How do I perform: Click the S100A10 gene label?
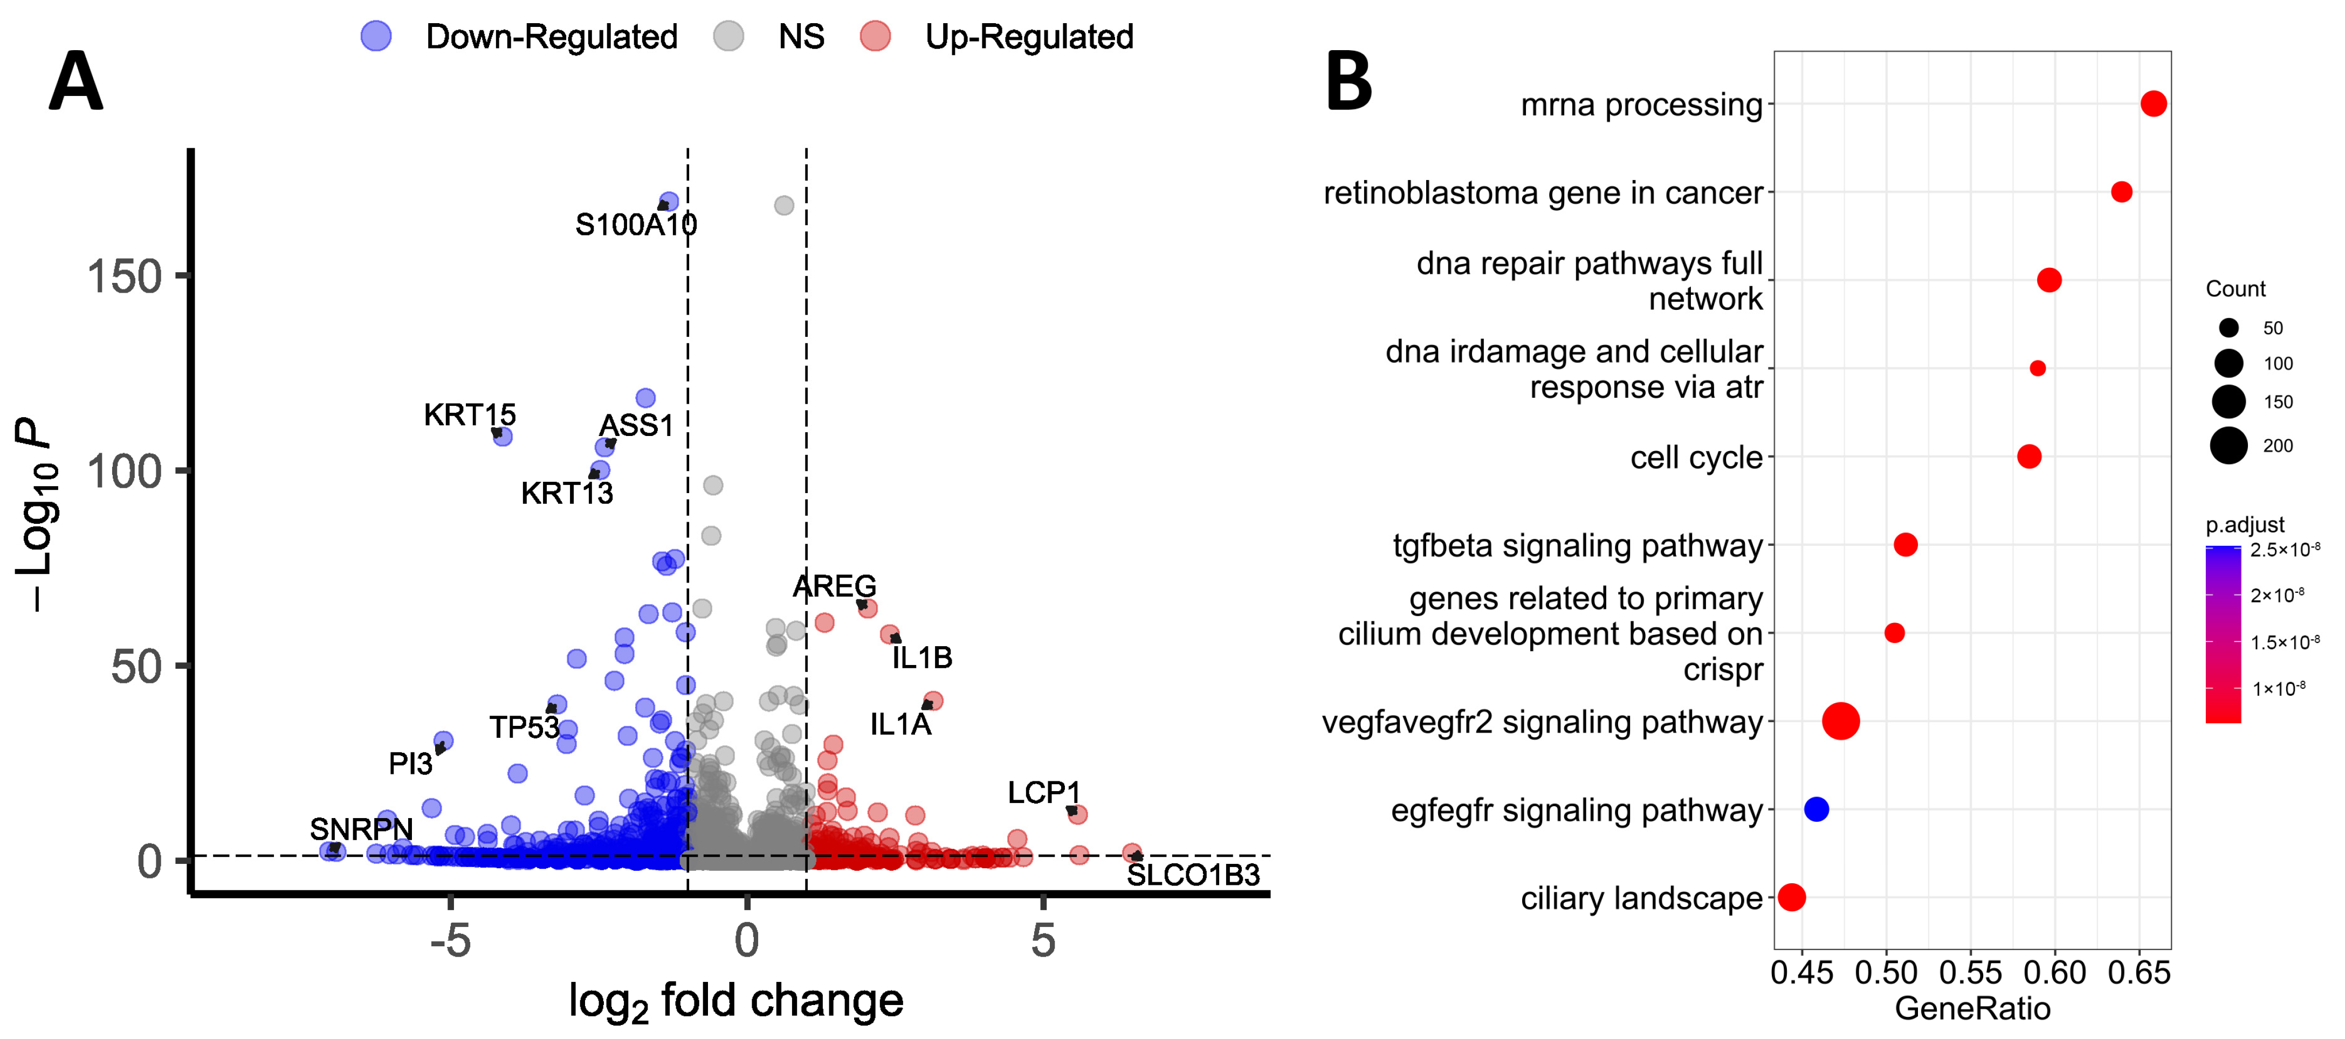pyautogui.click(x=635, y=225)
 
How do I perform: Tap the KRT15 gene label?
pyautogui.click(x=470, y=415)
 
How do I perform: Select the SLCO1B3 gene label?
pyautogui.click(x=1193, y=875)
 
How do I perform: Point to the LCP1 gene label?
pyautogui.click(x=1043, y=792)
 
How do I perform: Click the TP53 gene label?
pyautogui.click(x=524, y=728)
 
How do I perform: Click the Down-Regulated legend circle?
pyautogui.click(x=376, y=37)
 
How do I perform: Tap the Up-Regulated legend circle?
pyautogui.click(x=875, y=37)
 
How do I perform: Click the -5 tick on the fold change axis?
pyautogui.click(x=451, y=941)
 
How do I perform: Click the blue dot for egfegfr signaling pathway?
pyautogui.click(x=1816, y=809)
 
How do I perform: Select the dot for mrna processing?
pyautogui.click(x=2153, y=103)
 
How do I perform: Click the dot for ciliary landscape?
pyautogui.click(x=1792, y=897)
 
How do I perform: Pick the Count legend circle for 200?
pyautogui.click(x=2229, y=445)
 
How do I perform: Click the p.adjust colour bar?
pyautogui.click(x=2223, y=634)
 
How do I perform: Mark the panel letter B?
pyautogui.click(x=1348, y=82)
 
